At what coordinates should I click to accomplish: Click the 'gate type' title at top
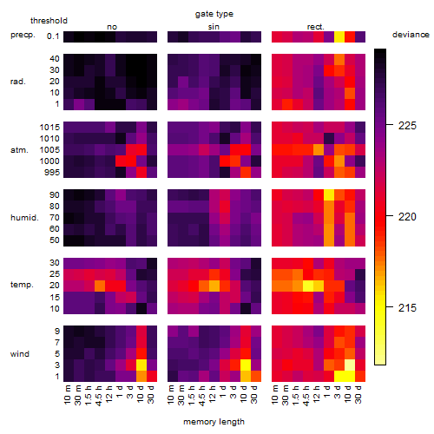coord(214,14)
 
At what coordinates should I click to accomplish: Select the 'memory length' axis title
coord(214,422)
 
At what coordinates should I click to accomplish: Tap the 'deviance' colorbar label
coord(411,35)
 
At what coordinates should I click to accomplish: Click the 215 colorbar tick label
coord(407,307)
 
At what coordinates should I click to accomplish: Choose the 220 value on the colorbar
coord(407,217)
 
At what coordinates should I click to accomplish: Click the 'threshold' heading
coord(49,21)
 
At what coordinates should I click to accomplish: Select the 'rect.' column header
coord(315,27)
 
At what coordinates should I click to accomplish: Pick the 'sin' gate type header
coord(214,27)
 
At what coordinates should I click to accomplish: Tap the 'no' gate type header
coord(112,27)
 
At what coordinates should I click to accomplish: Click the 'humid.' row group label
coord(24,218)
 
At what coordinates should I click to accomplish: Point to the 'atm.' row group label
coord(19,150)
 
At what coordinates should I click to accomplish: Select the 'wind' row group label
coord(20,354)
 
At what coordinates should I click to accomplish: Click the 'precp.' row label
coord(23,35)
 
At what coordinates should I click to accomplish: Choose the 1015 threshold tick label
coord(49,128)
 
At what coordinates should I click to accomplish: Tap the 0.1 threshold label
coord(53,36)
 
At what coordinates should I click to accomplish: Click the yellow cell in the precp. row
coord(339,36)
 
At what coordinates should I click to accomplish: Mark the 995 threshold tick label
coord(52,173)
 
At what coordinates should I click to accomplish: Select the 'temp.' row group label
coord(22,285)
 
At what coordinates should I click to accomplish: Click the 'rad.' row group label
coord(18,82)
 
